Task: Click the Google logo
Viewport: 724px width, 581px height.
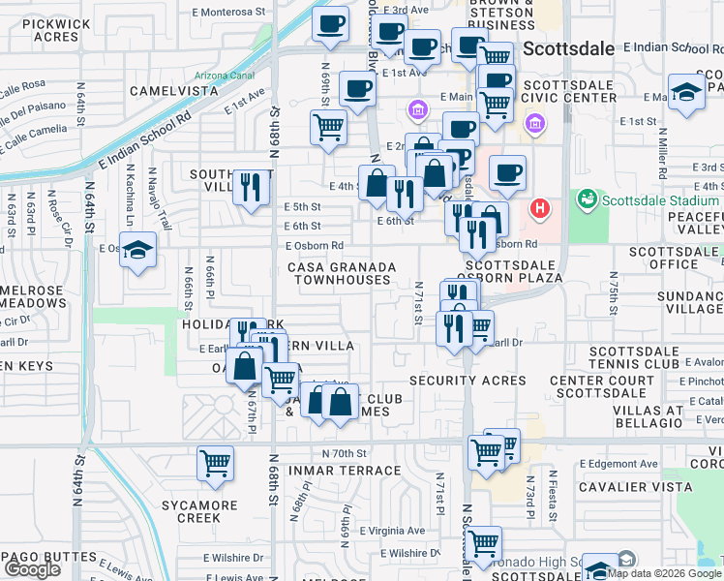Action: [x=33, y=569]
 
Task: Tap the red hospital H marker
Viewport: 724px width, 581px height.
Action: [x=540, y=208]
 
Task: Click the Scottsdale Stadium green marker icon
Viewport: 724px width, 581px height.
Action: [x=586, y=200]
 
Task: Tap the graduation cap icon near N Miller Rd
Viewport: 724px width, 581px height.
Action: [x=686, y=93]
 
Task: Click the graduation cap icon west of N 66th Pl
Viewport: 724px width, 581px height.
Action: [x=138, y=251]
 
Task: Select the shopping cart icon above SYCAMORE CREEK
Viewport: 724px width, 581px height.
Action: [x=215, y=463]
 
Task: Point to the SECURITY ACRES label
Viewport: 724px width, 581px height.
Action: [x=468, y=381]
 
